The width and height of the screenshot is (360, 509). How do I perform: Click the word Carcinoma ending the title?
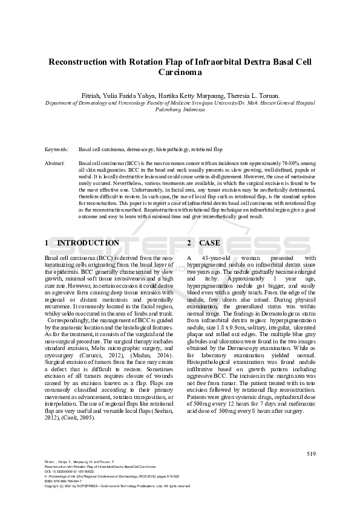pyautogui.click(x=180, y=73)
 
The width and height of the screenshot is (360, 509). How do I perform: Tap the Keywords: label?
pyautogui.click(x=56, y=149)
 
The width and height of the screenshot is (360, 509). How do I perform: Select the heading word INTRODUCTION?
pyautogui.click(x=88, y=243)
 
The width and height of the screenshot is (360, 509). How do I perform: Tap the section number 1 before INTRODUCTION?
pyautogui.click(x=47, y=243)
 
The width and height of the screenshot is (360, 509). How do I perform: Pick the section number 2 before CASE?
pyautogui.click(x=189, y=243)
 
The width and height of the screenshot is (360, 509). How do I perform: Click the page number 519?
pyautogui.click(x=310, y=453)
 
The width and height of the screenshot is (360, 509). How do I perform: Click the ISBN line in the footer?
pyautogui.click(x=64, y=481)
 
